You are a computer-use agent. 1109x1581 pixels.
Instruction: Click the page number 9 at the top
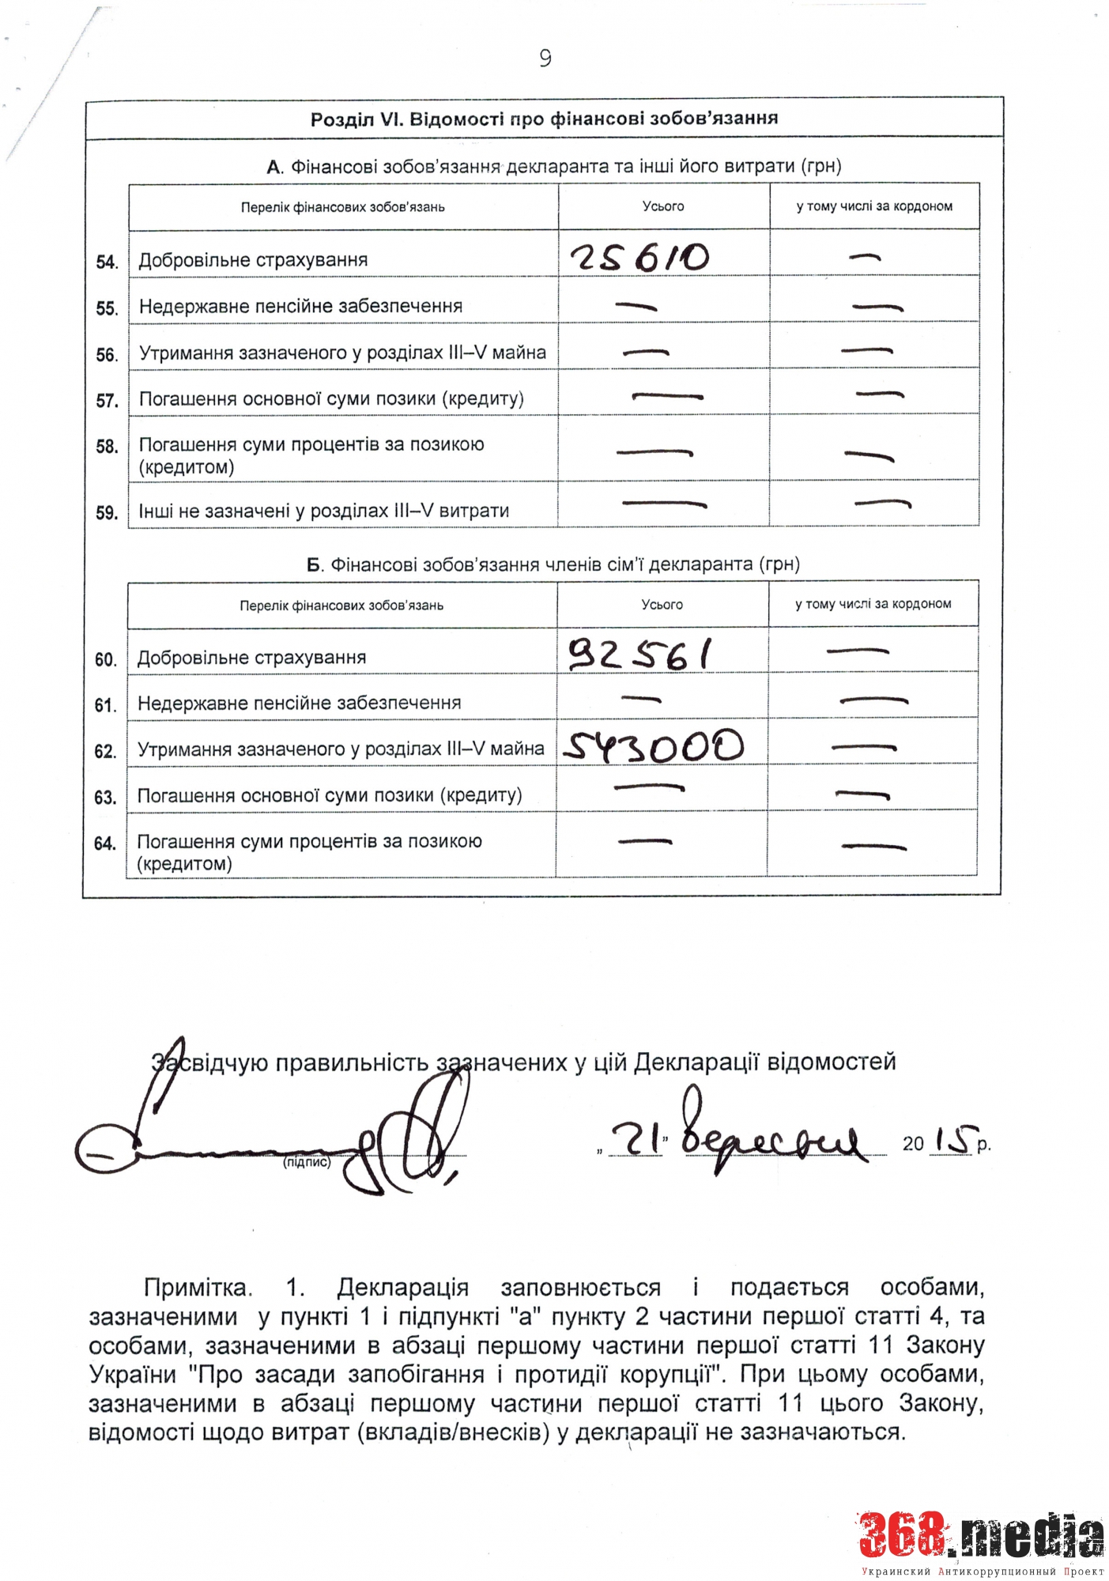coord(545,58)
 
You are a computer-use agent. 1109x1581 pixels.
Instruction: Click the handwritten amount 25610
coord(640,258)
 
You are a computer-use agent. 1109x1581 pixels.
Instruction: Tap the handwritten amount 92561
coord(639,655)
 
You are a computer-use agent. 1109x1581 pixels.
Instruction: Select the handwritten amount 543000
coord(653,746)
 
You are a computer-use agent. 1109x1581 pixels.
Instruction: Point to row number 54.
coord(107,262)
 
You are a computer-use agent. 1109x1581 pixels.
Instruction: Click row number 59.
coord(107,513)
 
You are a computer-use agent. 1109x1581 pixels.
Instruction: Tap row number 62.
coord(105,752)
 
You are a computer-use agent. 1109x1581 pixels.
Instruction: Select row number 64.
coord(105,844)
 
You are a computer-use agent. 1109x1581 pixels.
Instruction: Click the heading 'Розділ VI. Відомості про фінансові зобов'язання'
coord(544,119)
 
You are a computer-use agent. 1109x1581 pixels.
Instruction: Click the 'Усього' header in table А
coord(663,206)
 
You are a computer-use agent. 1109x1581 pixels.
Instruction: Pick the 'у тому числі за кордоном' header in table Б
coord(873,604)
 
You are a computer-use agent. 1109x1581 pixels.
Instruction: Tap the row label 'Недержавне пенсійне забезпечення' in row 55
coord(300,307)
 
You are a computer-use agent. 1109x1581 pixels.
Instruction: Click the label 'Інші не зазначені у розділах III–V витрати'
coord(323,511)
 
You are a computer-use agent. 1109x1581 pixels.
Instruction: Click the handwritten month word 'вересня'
coord(771,1139)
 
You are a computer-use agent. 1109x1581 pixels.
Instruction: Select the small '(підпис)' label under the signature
coord(307,1163)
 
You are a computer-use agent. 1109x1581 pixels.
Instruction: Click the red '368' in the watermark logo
coord(903,1534)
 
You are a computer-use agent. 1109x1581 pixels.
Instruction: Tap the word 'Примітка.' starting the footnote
coord(198,1288)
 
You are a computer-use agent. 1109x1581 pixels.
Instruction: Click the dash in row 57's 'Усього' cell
coord(667,395)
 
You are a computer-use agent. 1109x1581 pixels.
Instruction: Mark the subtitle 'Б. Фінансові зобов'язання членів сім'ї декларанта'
coord(553,564)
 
